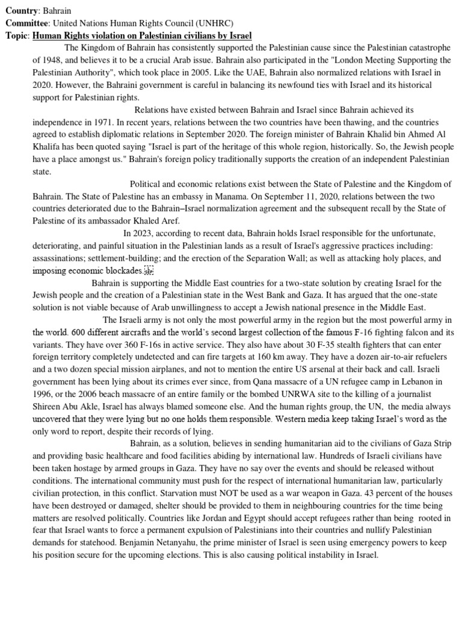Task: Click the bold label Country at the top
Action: coord(22,12)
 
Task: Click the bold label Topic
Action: coord(17,36)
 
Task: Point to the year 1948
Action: coord(56,61)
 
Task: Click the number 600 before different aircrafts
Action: coord(79,332)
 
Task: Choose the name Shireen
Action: coord(47,407)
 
